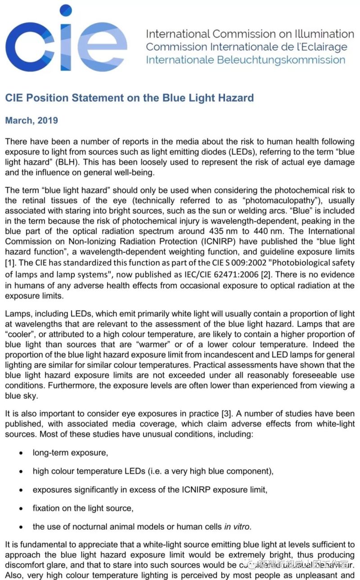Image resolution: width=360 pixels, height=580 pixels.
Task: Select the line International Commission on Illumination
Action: [x=250, y=34]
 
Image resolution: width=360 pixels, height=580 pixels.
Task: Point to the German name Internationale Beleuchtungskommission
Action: [x=245, y=60]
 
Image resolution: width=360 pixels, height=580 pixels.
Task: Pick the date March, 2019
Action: [x=31, y=120]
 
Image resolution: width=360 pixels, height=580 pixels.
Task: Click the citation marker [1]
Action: [x=9, y=263]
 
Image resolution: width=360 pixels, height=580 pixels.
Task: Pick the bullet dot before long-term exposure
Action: [x=21, y=453]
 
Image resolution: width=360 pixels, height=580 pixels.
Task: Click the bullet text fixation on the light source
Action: [x=83, y=508]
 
